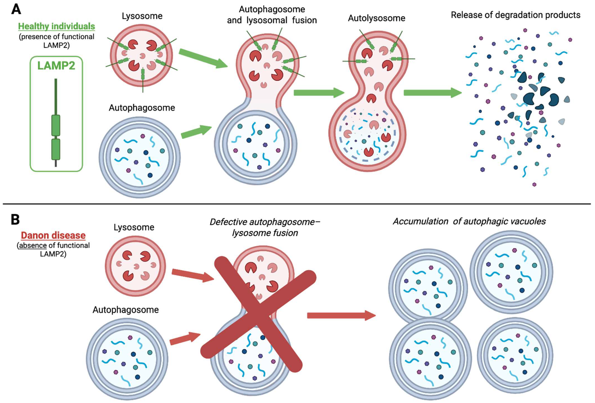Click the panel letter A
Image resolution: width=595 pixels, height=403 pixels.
click(x=16, y=10)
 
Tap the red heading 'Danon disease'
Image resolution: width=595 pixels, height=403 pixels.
click(x=53, y=235)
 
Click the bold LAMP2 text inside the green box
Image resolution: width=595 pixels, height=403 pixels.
click(x=56, y=66)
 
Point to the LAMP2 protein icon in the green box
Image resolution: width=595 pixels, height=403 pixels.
click(x=56, y=123)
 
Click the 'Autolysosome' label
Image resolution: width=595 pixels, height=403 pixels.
click(x=376, y=18)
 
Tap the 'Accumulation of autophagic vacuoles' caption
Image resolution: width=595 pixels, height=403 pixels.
click(x=469, y=221)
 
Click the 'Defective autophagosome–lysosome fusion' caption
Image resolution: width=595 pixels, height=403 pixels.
click(x=265, y=227)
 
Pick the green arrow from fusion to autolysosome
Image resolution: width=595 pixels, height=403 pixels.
click(x=319, y=93)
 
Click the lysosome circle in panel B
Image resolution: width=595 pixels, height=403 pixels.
click(x=135, y=266)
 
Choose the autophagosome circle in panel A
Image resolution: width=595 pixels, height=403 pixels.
click(x=140, y=157)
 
